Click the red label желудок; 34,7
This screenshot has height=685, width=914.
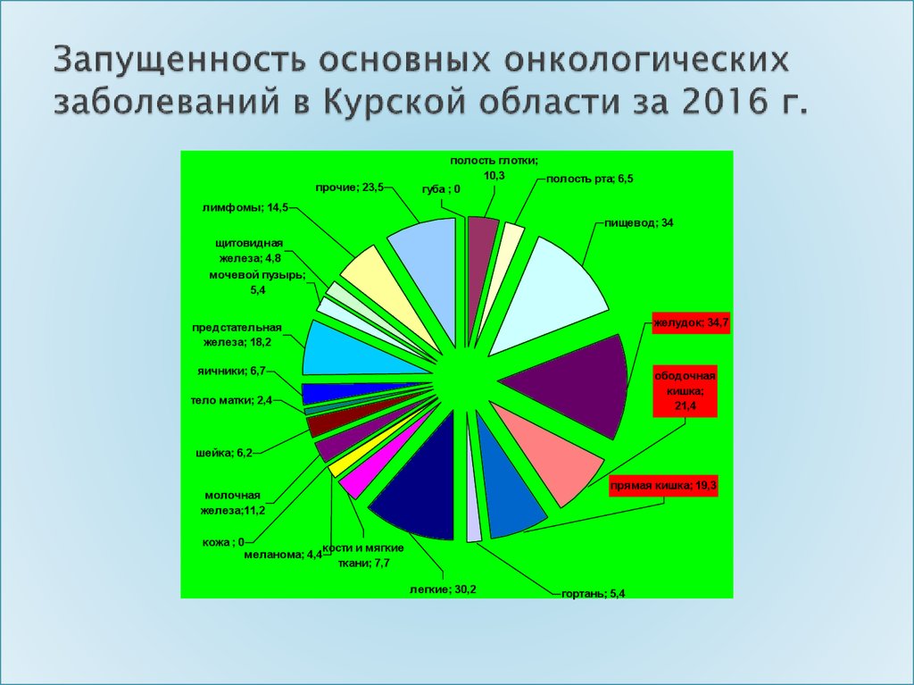pos(690,322)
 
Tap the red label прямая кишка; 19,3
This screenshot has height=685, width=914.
pos(663,486)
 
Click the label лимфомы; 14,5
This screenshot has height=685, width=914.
pos(245,207)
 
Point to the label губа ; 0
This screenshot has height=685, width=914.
pos(441,189)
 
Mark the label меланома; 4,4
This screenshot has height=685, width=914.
pos(283,554)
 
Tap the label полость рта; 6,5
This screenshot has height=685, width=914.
pos(589,179)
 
